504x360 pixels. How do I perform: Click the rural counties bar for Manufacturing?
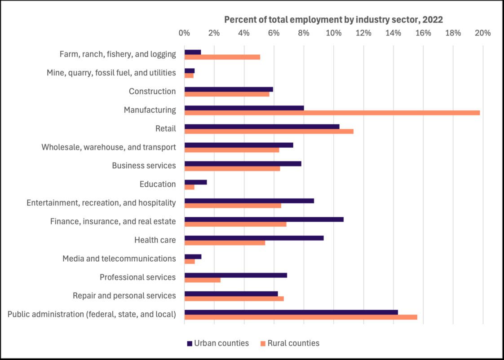click(332, 113)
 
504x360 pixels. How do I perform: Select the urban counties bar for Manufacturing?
click(244, 108)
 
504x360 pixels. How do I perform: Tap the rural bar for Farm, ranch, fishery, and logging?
click(222, 57)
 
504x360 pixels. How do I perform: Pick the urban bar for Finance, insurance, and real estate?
click(264, 219)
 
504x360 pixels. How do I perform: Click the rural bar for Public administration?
click(301, 317)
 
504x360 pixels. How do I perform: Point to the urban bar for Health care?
click(254, 238)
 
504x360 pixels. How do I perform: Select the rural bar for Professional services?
click(202, 280)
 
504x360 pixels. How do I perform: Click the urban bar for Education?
click(195, 182)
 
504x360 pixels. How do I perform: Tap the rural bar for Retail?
click(269, 131)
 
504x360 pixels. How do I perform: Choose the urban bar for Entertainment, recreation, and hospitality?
click(249, 201)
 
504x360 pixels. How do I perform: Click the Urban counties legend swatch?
click(189, 343)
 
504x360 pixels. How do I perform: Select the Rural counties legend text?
click(293, 343)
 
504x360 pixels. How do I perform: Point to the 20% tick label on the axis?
click(483, 33)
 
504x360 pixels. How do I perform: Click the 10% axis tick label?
click(333, 33)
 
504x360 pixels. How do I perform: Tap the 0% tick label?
click(184, 33)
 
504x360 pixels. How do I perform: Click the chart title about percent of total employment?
click(333, 19)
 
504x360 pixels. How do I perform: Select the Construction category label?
click(152, 91)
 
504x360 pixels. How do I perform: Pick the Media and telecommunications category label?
click(119, 259)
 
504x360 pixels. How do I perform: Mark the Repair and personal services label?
click(124, 295)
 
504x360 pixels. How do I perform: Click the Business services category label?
click(144, 166)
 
